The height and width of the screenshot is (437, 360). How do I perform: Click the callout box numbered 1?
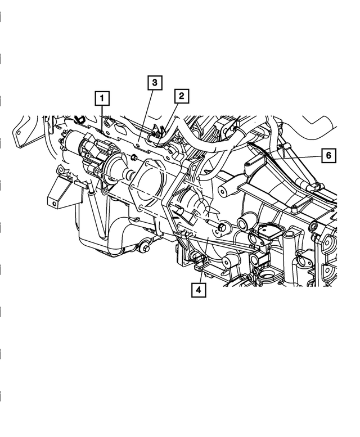[x=102, y=99]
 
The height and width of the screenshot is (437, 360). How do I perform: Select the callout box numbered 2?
[x=181, y=96]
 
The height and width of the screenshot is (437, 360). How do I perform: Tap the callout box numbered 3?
[x=155, y=83]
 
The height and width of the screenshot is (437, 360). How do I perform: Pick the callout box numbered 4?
[x=198, y=290]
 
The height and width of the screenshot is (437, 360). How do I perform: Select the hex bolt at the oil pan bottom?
[x=146, y=246]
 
